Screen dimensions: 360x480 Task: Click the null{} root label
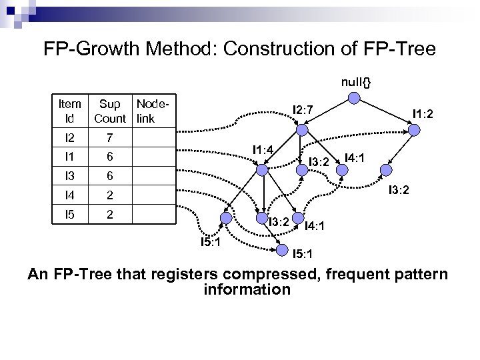tap(356, 81)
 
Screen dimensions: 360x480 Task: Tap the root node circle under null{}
tap(355, 99)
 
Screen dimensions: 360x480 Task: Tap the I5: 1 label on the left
tap(215, 241)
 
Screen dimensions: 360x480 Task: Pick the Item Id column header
tap(69, 111)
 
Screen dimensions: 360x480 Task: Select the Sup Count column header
tap(110, 111)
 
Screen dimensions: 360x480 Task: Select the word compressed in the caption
tap(269, 274)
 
